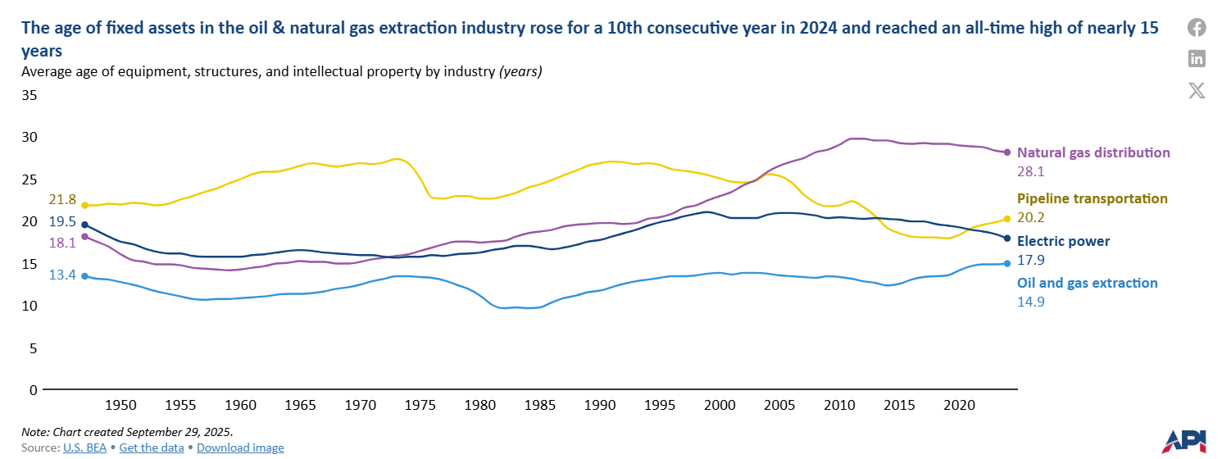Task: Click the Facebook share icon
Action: [x=1197, y=28]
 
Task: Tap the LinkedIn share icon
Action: [x=1197, y=58]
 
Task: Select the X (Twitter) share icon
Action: [x=1197, y=90]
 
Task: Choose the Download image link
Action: [x=240, y=448]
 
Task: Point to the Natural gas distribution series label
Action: [x=1093, y=152]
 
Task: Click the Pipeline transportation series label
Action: [x=1092, y=198]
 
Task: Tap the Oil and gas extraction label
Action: [x=1087, y=283]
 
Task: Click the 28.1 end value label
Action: [x=1031, y=172]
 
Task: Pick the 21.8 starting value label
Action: [x=62, y=200]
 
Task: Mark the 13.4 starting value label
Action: [x=62, y=275]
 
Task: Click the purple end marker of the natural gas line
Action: [x=1007, y=152]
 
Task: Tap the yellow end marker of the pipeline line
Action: [x=1007, y=219]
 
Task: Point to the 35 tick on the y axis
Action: [x=29, y=95]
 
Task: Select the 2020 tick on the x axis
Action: [x=958, y=405]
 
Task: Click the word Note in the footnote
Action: [x=34, y=431]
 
